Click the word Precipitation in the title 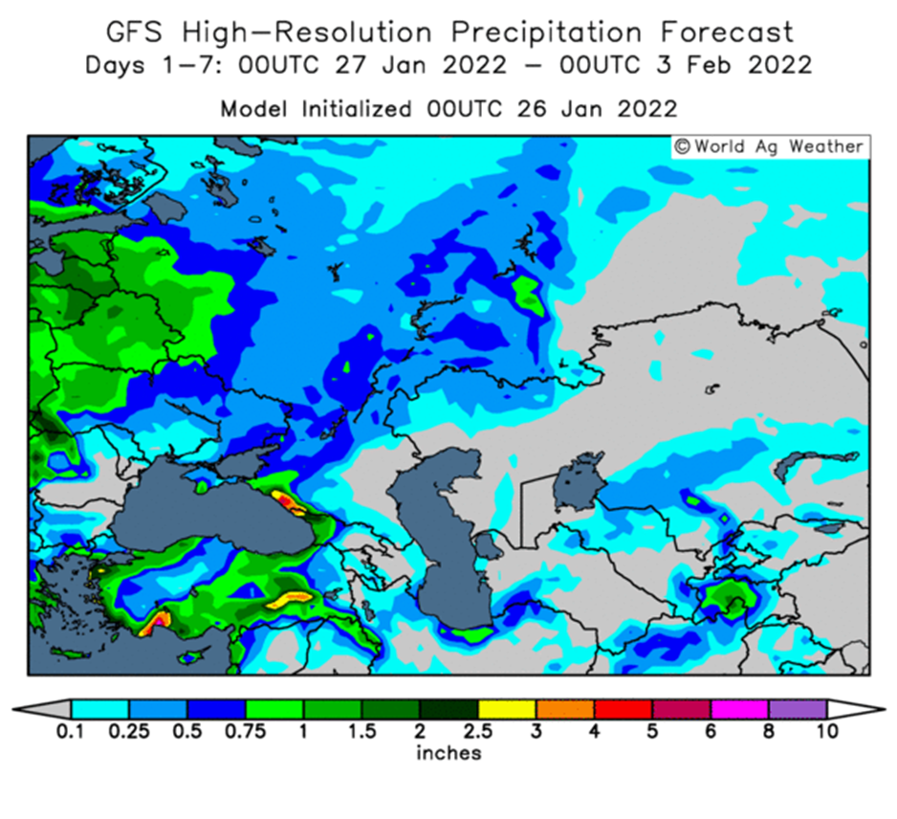[546, 32]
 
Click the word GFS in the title [134, 32]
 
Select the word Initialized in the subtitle [357, 108]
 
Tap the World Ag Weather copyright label [770, 146]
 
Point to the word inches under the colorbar [448, 753]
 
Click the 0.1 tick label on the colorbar [70, 731]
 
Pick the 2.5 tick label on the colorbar [478, 731]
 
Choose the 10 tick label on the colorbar [827, 731]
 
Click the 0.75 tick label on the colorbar [245, 731]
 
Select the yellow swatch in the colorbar [507, 709]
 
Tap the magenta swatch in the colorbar [739, 709]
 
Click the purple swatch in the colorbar [798, 709]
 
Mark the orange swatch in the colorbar [565, 709]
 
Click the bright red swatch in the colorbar [623, 709]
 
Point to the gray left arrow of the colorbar [43, 709]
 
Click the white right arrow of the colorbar [855, 709]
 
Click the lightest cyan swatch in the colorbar [100, 709]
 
